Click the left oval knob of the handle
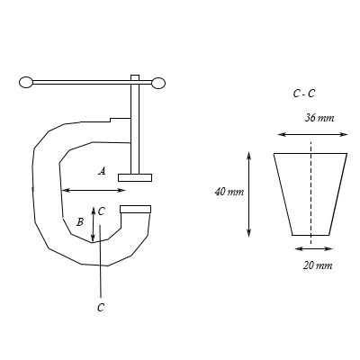(25, 83)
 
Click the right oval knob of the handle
(158, 84)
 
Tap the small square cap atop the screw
(135, 76)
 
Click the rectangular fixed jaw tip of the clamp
(135, 210)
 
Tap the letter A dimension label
(102, 170)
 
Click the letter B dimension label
(80, 220)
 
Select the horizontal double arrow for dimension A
(94, 190)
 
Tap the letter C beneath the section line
(101, 307)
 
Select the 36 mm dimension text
(319, 117)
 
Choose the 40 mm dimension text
(229, 192)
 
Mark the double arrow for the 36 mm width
(310, 134)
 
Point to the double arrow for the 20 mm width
(310, 247)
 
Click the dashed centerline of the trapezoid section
(310, 193)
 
